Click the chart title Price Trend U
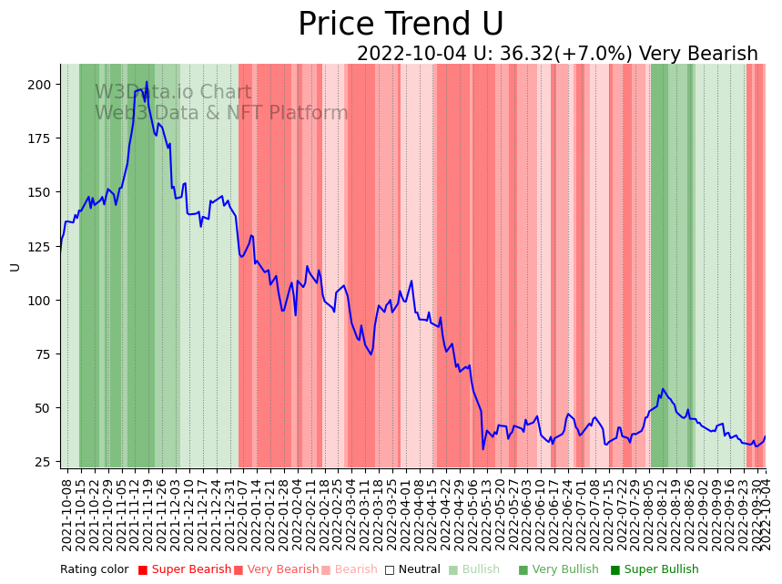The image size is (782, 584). tap(401, 25)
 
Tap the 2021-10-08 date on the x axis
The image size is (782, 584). tap(66, 510)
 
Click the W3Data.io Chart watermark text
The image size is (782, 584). tap(173, 92)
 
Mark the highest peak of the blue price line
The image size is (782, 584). tap(147, 82)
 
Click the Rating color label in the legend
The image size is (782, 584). tap(95, 570)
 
